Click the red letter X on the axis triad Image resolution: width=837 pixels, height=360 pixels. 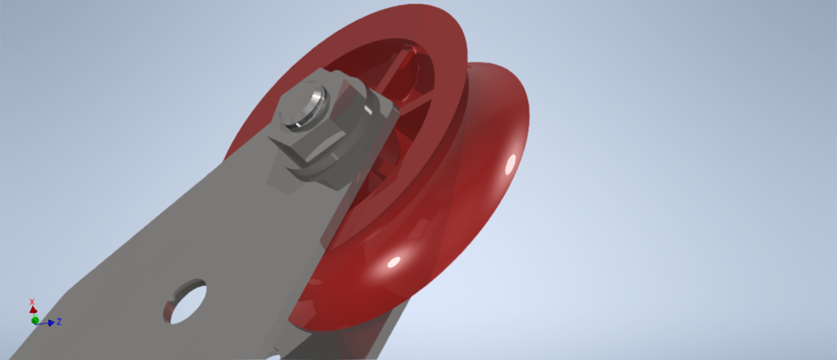(32, 302)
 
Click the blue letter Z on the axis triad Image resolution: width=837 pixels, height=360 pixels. (58, 322)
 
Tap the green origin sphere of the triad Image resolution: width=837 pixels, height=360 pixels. (36, 320)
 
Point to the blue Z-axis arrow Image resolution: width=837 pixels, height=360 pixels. (49, 323)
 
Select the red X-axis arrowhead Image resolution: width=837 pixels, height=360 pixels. (33, 309)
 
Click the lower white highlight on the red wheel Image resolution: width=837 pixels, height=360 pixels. (393, 262)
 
